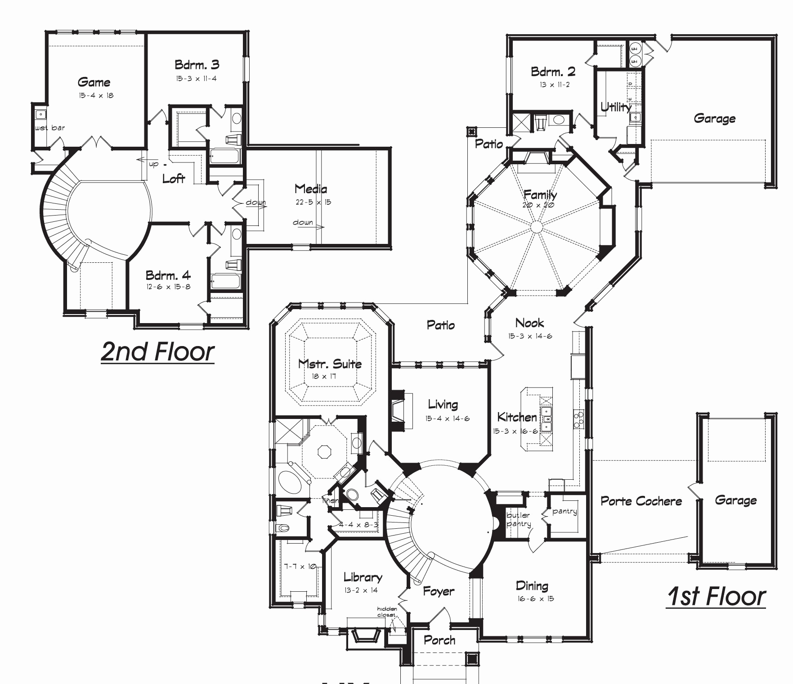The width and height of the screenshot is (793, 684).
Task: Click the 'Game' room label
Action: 94,82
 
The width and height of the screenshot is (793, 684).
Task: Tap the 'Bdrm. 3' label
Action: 197,65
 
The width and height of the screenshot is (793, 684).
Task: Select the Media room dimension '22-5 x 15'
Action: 313,202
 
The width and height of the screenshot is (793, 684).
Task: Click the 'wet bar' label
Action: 50,128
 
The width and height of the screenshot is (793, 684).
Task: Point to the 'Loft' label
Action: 174,179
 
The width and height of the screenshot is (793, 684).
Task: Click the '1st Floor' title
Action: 716,596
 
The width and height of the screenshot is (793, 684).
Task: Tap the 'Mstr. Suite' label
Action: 330,364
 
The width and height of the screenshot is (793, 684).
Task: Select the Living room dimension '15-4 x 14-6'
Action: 447,418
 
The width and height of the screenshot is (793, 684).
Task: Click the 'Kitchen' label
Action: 517,417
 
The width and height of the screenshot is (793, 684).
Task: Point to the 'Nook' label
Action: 529,323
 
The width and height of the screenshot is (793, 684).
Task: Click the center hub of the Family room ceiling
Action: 537,227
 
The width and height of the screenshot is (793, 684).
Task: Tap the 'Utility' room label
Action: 616,107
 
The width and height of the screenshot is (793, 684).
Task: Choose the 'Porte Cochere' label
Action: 641,501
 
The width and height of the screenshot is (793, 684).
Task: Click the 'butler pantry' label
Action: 519,519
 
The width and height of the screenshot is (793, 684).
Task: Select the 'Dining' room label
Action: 532,585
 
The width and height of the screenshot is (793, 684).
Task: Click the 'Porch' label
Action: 439,640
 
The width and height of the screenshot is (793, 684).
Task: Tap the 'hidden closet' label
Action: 386,612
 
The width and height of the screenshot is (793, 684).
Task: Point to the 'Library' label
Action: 363,577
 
